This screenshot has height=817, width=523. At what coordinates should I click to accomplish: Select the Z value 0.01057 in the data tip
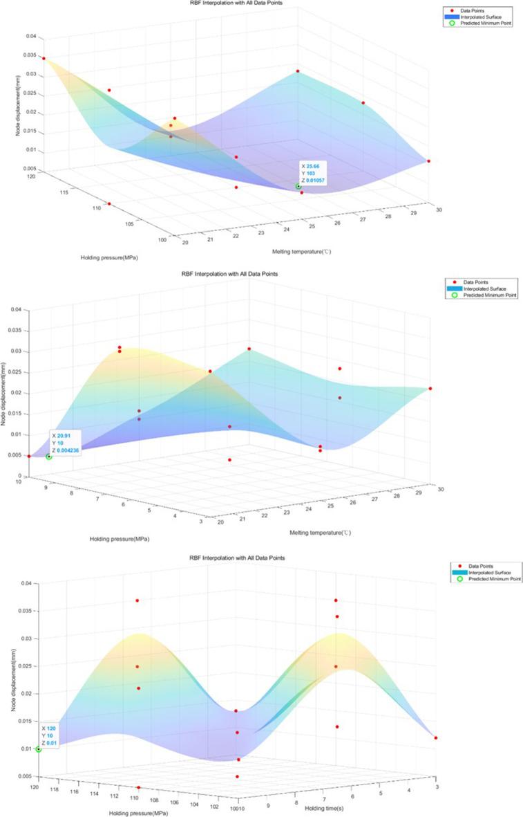315,180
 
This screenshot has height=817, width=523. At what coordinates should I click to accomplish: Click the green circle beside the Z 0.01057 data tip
298,186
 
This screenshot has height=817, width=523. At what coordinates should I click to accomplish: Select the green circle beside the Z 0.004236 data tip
49,457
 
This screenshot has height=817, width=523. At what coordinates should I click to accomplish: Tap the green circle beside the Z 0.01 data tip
39,749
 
